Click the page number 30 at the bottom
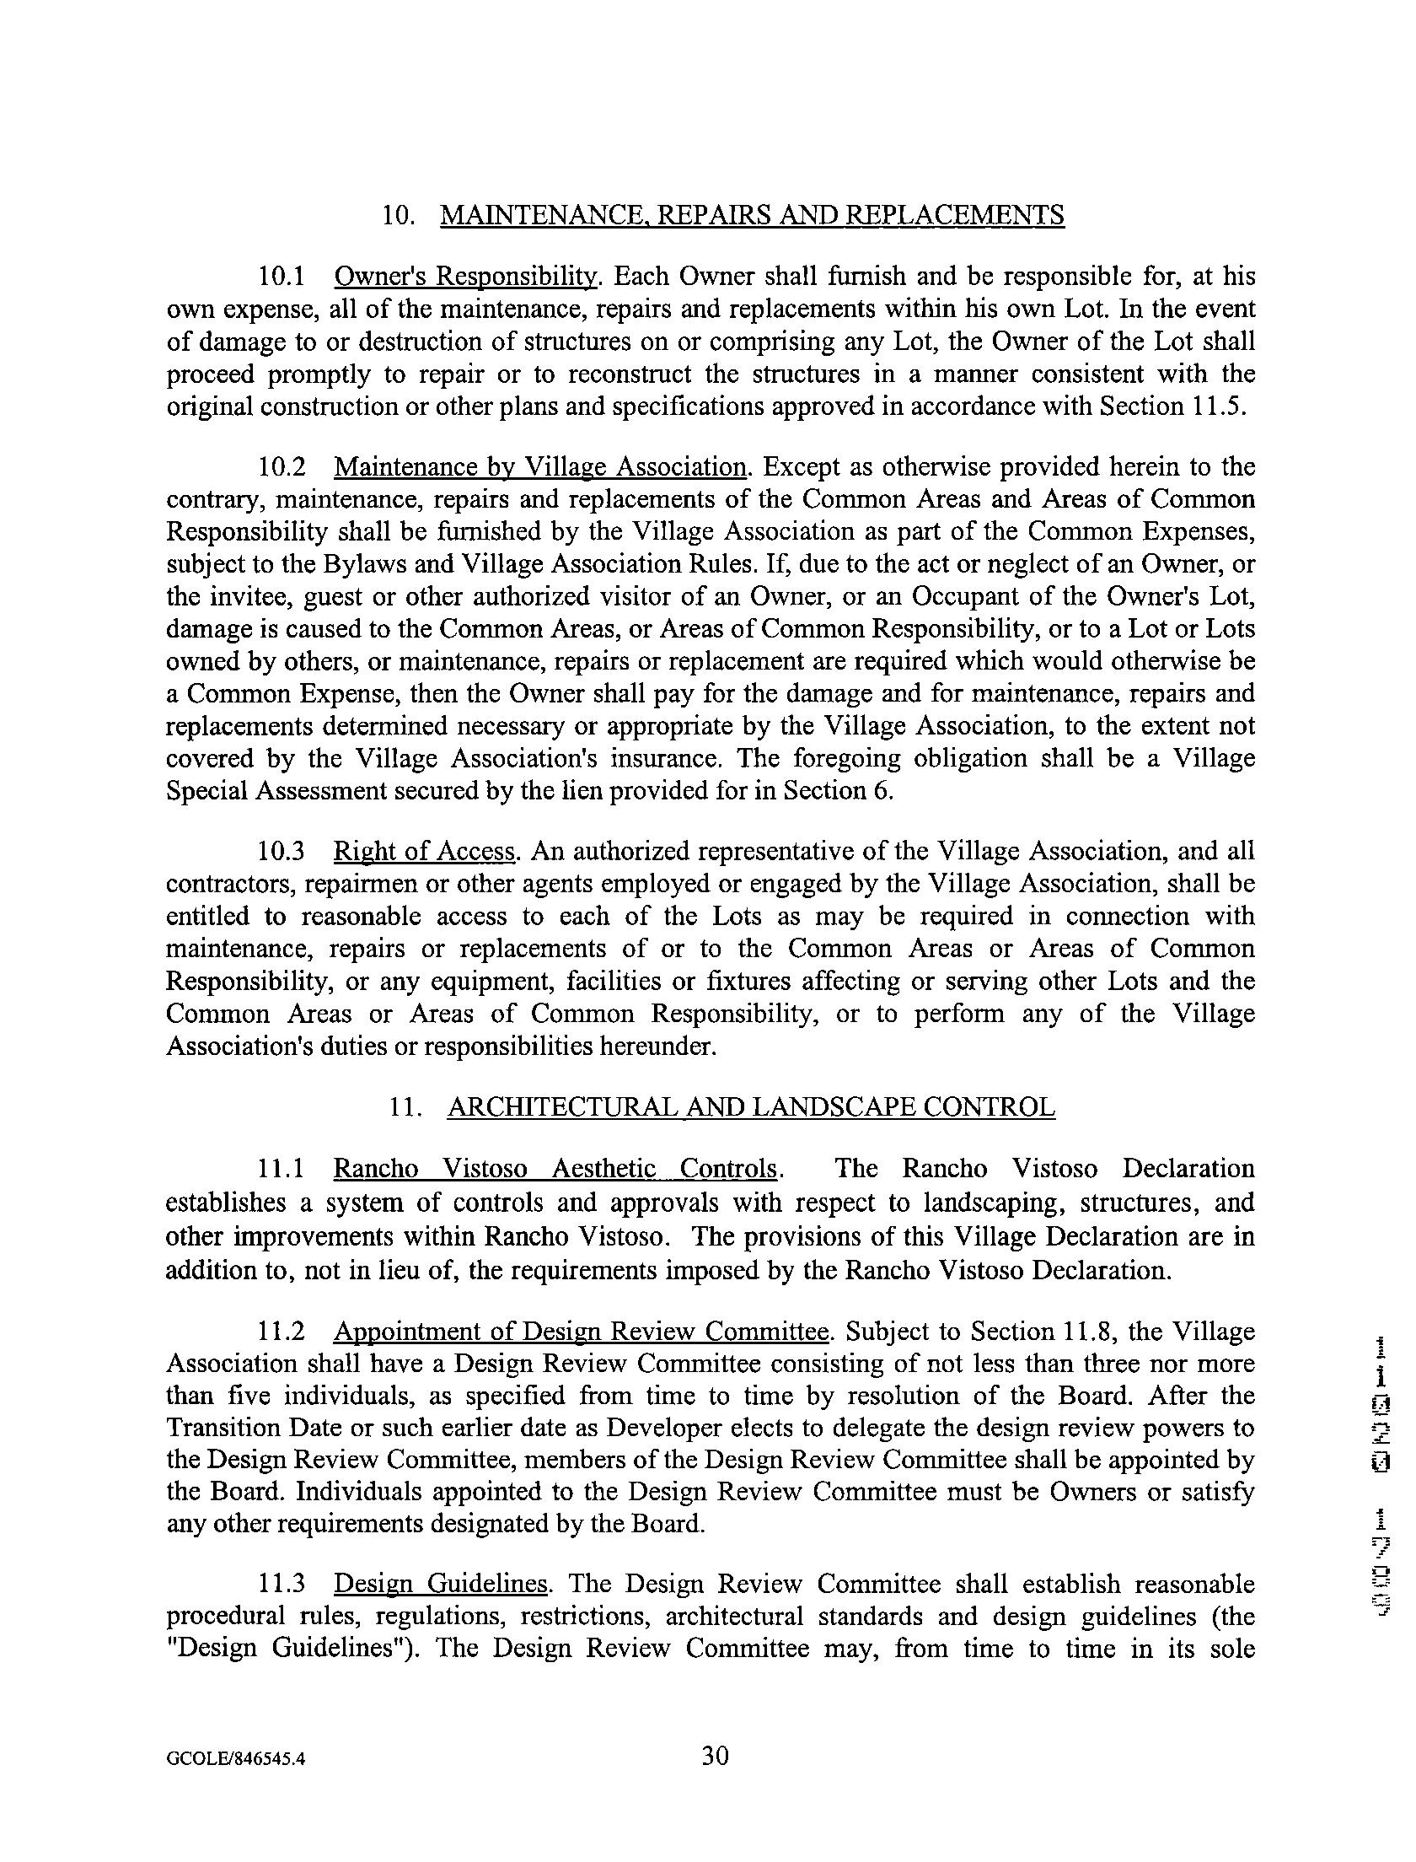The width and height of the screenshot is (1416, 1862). click(715, 1757)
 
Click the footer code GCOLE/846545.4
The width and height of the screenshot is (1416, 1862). click(235, 1759)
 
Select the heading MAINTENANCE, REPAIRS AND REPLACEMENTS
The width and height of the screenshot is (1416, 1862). click(752, 216)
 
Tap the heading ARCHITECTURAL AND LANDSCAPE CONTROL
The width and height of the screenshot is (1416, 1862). click(750, 1107)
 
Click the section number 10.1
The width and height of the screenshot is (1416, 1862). click(281, 277)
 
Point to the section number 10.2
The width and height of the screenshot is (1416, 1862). click(281, 467)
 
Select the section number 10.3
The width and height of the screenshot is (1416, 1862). click(281, 852)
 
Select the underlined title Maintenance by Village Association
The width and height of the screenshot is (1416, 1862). click(540, 467)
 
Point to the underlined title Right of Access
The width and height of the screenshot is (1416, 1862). click(425, 852)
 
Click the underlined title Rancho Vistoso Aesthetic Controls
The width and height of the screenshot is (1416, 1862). click(555, 1170)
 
